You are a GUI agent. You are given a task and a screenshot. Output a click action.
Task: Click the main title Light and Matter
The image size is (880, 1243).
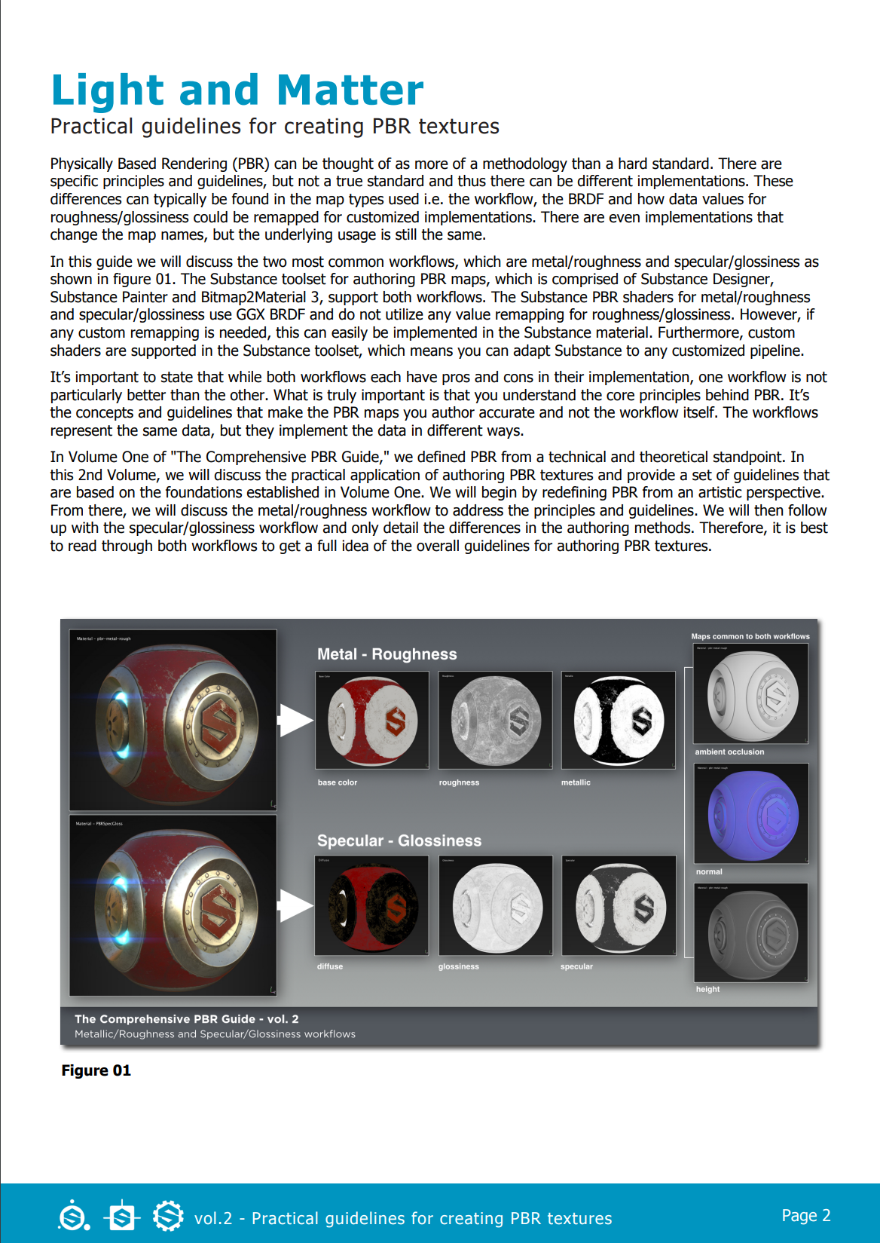click(237, 90)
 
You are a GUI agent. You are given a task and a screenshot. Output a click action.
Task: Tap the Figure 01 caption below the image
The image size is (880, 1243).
click(96, 1070)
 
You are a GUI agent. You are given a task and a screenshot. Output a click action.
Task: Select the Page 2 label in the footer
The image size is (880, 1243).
click(805, 1215)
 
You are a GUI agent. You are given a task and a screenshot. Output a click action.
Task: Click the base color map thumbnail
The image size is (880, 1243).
click(371, 720)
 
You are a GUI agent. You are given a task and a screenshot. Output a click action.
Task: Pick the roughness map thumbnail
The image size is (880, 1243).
click(495, 720)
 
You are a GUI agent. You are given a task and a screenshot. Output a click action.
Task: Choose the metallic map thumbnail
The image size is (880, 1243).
click(618, 720)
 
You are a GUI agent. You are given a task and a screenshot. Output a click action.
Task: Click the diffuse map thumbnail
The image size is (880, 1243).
click(371, 905)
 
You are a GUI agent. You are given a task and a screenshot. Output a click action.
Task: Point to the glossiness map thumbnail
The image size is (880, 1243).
click(495, 905)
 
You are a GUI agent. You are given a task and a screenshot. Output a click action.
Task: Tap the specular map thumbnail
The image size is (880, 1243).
click(618, 905)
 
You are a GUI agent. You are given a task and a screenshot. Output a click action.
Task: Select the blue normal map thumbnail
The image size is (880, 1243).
click(750, 813)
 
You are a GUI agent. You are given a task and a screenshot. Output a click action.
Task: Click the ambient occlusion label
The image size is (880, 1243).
click(729, 752)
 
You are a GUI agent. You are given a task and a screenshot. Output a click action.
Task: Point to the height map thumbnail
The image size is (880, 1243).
click(750, 932)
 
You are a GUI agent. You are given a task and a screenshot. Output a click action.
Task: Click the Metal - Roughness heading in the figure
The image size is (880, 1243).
click(387, 654)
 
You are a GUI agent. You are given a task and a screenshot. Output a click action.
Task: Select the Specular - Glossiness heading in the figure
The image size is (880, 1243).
click(399, 840)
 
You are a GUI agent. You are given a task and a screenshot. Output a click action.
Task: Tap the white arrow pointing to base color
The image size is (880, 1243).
click(295, 720)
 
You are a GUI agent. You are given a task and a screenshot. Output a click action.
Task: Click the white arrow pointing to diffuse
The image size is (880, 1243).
click(295, 905)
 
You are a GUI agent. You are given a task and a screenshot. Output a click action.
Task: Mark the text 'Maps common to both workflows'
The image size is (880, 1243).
click(750, 636)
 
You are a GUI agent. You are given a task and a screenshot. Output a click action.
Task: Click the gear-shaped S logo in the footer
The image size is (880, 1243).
click(168, 1215)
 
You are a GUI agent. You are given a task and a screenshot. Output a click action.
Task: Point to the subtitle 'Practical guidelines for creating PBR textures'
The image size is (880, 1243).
click(274, 127)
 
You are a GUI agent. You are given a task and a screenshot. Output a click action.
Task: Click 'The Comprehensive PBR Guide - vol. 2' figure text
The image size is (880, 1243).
click(186, 1019)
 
